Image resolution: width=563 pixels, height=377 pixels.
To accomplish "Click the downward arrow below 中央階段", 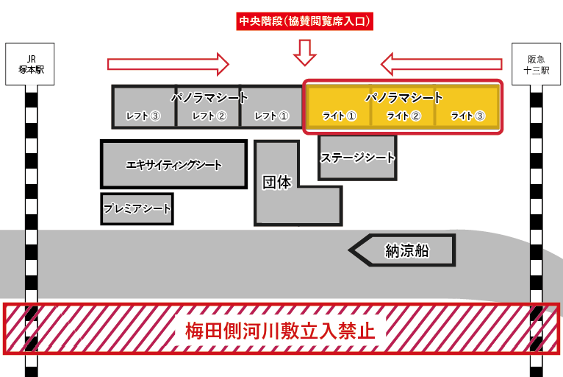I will coord(304,52).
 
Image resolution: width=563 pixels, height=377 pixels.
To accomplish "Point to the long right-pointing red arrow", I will coord(168,63).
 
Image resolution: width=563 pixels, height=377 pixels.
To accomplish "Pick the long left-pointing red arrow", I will coord(440,63).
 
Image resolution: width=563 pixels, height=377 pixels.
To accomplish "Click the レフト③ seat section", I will coord(144,116).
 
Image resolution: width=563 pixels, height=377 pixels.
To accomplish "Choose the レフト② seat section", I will coord(209,116).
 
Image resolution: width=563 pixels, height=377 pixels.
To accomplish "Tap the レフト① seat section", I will coord(272,116).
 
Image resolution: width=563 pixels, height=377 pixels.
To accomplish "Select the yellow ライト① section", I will coord(339,116).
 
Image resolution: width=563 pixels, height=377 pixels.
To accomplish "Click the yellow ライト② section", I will coord(404,116).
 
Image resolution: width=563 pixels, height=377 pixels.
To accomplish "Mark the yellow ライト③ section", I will coord(467,116).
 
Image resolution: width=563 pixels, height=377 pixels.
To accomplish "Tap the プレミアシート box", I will coord(137,209).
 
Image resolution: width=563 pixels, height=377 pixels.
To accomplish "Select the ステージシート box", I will coord(357,158).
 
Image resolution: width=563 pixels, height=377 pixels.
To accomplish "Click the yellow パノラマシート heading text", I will coord(404,97).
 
